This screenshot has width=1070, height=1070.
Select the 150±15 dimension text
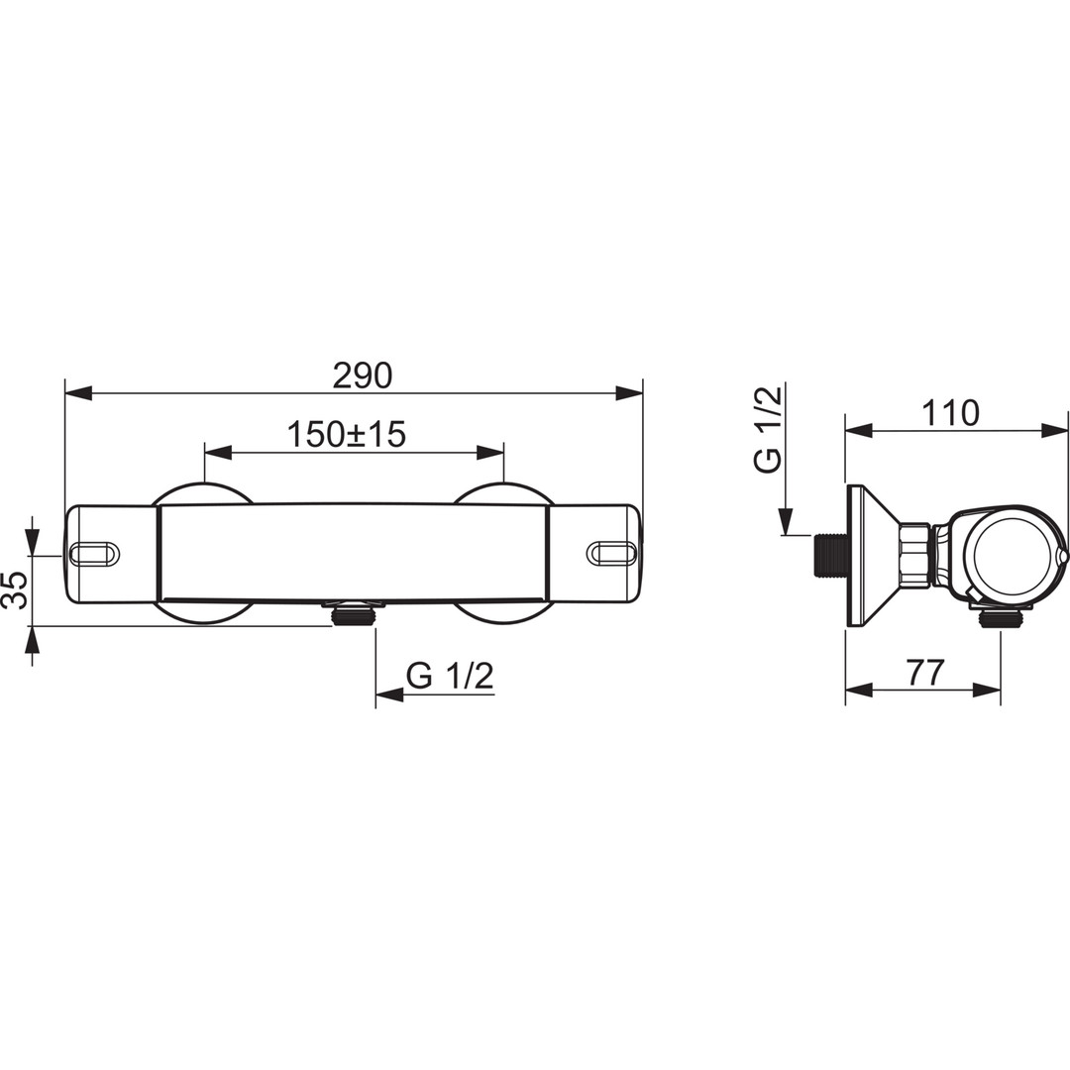point(346,434)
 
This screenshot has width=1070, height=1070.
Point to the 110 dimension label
point(950,413)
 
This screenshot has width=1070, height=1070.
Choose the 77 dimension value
point(925,672)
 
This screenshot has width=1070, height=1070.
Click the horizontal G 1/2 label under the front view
point(449,677)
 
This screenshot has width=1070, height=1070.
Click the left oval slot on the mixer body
point(95,553)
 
